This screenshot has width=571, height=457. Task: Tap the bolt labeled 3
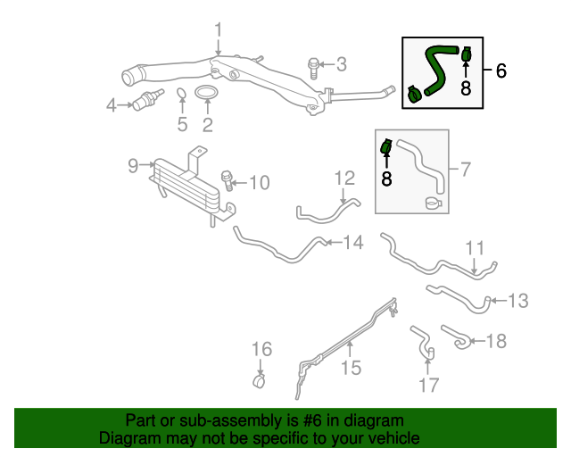point(314,64)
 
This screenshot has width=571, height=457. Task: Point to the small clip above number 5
point(181,95)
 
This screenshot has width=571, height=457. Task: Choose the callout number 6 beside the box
point(501,71)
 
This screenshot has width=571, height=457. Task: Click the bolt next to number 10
point(228,180)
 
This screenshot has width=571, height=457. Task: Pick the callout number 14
point(353,242)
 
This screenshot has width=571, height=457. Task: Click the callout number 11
point(474,247)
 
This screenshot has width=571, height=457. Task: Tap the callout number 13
point(518,301)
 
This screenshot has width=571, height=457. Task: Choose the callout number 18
point(496,340)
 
